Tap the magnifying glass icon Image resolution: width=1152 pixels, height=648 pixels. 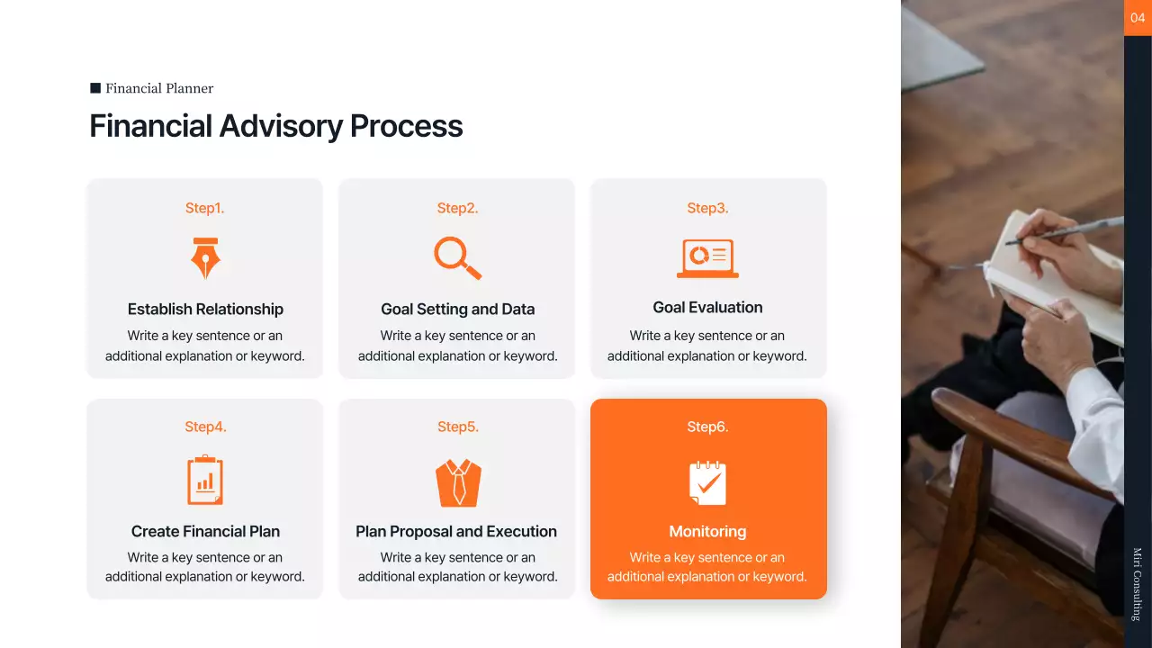pos(457,257)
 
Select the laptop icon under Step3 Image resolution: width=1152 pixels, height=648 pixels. pos(707,258)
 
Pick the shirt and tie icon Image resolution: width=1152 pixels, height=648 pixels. pos(458,482)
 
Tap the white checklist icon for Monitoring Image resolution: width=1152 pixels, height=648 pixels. pos(707,482)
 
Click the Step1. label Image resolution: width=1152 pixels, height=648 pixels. pos(205,208)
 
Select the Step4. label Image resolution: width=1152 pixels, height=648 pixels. pos(205,427)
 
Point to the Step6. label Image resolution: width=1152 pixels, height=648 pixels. pos(707,427)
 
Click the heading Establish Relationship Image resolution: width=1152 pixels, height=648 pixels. pos(205,309)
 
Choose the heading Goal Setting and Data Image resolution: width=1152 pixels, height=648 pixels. pos(457,309)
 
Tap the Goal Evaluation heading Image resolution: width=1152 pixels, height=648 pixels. pos(707,307)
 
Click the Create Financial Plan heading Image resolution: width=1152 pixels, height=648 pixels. pos(205,531)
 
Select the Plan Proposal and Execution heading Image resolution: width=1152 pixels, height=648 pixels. pos(456,531)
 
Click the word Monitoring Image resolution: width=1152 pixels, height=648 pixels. pos(707,531)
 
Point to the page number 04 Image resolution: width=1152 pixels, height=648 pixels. pos(1138,17)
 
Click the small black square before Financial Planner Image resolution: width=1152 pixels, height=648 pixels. pos(95,88)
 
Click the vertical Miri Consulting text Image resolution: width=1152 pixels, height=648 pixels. pos(1138,583)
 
